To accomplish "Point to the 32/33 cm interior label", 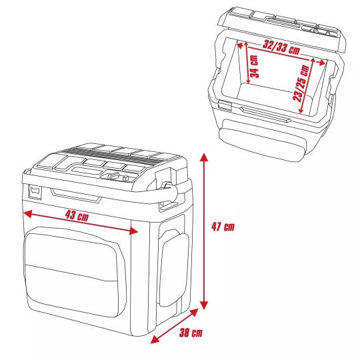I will point(281,47).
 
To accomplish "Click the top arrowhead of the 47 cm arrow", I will point(203,157).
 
